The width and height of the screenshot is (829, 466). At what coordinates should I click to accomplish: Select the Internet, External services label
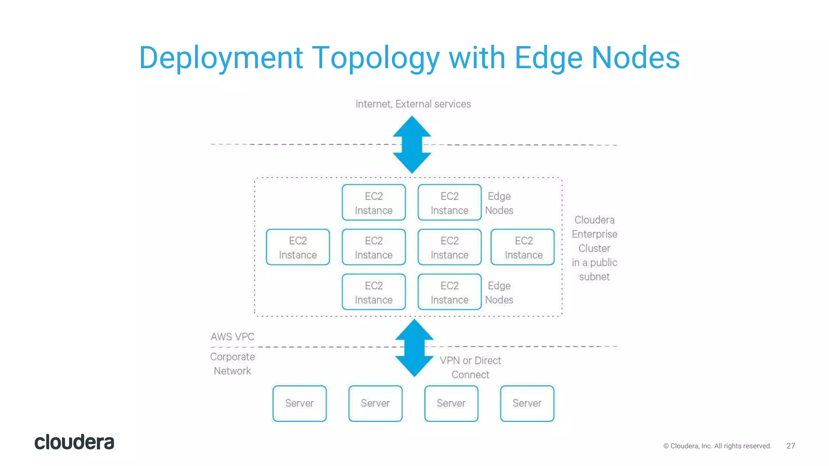(413, 104)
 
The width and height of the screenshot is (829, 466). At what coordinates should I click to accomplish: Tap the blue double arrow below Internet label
(412, 144)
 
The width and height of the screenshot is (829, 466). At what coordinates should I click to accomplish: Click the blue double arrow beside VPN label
(414, 348)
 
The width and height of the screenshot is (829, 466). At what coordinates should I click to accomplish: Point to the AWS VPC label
(232, 337)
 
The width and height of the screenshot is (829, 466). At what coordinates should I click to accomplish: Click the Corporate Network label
(232, 364)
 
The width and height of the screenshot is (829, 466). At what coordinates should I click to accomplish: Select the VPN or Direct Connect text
(470, 367)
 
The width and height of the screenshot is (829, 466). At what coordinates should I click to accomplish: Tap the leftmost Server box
(300, 403)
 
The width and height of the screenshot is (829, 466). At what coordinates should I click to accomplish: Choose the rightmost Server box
(527, 403)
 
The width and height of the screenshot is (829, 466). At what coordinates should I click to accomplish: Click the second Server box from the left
(375, 403)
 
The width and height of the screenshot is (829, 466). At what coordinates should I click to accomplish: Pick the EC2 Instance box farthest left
(298, 247)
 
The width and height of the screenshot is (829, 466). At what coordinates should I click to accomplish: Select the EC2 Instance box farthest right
(523, 247)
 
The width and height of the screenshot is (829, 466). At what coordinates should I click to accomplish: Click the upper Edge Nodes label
(499, 203)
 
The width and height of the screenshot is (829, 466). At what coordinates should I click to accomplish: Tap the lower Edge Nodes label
(499, 292)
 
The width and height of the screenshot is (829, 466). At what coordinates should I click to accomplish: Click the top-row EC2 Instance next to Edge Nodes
(449, 203)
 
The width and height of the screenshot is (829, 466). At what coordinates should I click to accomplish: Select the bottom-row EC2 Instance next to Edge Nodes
(449, 292)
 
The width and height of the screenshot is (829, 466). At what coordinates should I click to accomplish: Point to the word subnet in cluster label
(594, 277)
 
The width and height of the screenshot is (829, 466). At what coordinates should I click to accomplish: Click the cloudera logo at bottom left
(74, 442)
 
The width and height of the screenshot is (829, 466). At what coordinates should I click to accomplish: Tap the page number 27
(791, 446)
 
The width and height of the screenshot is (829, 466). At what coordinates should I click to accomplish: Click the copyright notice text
(717, 446)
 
